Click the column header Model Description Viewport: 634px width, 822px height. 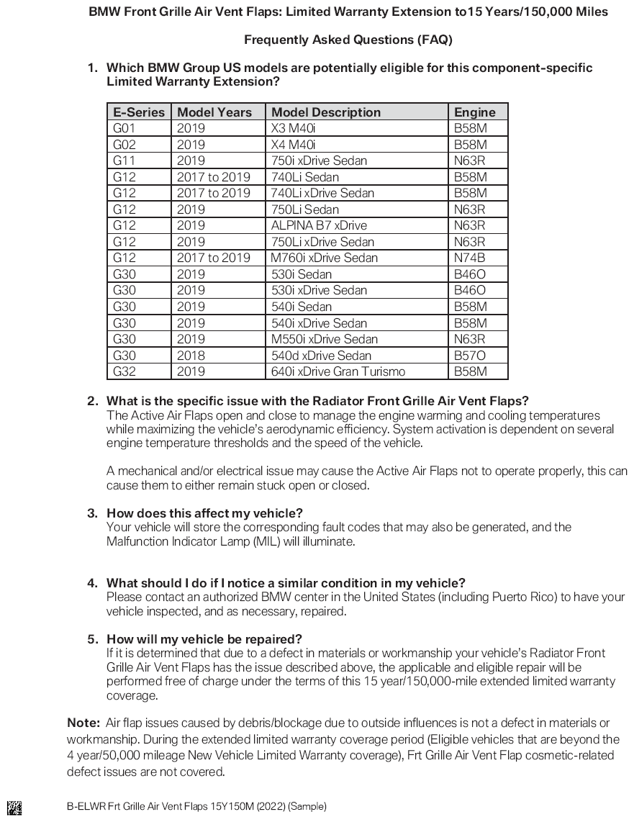pos(326,112)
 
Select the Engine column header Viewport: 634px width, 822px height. pos(474,112)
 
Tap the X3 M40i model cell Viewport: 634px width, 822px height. pos(294,128)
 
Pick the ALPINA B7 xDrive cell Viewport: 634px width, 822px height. pos(319,225)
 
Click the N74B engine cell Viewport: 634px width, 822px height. pos(469,258)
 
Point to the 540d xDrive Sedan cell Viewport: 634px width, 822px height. pos(321,356)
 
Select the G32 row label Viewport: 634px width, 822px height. pos(124,371)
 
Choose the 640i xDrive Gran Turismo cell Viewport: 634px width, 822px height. pos(338,371)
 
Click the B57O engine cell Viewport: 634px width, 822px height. pos(470,356)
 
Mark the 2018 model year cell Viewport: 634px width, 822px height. pos(191,356)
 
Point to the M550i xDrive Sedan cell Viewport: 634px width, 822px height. pos(323,339)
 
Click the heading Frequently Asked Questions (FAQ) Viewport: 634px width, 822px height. pos(348,40)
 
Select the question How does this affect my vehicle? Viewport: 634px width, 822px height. pos(204,513)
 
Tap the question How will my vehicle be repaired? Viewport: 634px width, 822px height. pos(204,639)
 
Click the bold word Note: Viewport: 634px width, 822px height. pos(83,723)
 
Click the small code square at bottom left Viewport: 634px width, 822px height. pos(14,807)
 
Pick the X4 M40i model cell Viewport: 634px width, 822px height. pos(294,145)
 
